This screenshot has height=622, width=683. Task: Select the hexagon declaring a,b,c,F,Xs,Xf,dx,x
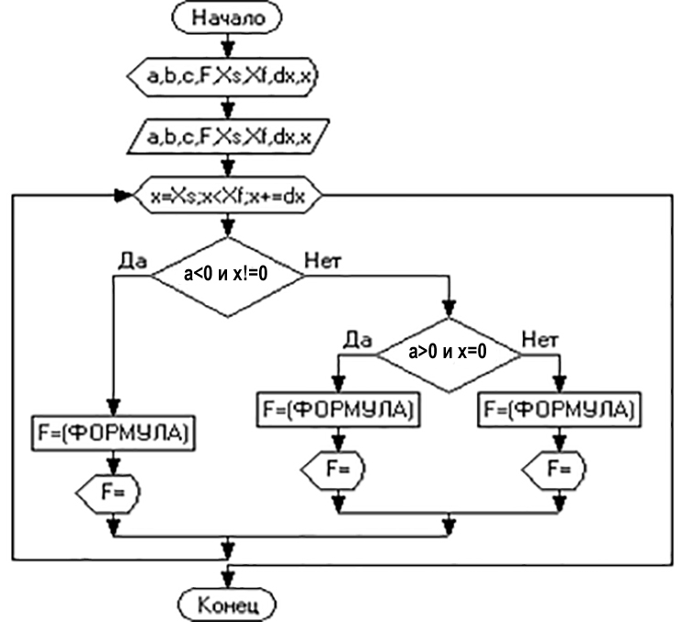coord(225,80)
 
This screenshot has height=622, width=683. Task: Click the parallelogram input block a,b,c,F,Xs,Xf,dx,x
coord(225,137)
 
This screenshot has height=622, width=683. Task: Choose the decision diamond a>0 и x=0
coord(449,353)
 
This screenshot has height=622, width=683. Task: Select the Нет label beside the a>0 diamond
coord(540,339)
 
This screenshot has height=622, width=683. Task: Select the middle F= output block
coord(336,468)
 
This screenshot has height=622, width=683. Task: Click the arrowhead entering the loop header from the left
coord(122,195)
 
